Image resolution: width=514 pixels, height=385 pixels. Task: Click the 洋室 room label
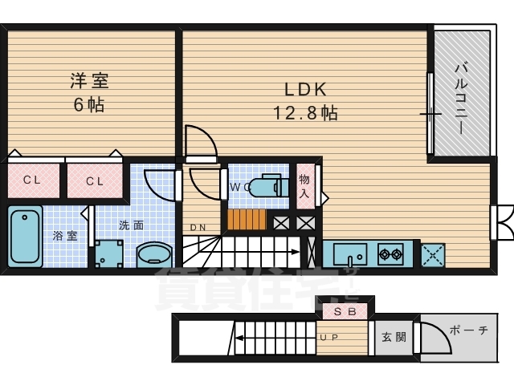coord(88,82)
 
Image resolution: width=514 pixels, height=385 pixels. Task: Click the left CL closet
coord(32,180)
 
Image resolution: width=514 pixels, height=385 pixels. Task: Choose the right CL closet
coord(95,180)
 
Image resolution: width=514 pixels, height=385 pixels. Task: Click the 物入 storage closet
coord(304,186)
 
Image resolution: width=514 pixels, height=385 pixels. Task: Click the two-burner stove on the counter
coord(390,254)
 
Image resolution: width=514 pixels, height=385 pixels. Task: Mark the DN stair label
coord(198,228)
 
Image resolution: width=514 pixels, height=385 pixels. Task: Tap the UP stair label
coord(329,337)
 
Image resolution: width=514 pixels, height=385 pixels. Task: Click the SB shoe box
coord(345,309)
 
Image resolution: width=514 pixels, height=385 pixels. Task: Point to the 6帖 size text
coord(89,105)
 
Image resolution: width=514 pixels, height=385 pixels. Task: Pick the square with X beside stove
coord(432,255)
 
